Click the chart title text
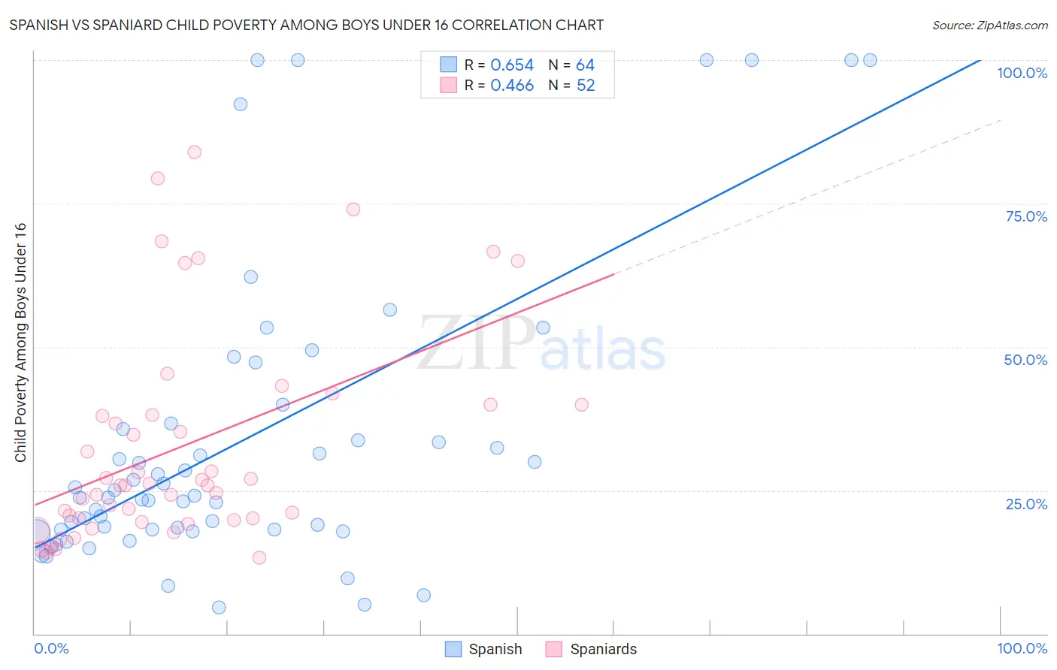pos(307,25)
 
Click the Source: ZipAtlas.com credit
pos(989,25)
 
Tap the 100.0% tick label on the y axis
pos(1022,73)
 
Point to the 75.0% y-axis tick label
pos(1026,216)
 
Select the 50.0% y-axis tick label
pos(1025,360)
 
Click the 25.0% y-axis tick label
pos(1026,503)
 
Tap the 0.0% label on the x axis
pos(51,648)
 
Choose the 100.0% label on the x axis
pos(1022,648)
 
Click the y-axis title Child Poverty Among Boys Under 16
pos(20,343)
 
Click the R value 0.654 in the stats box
pos(512,65)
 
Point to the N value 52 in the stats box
pos(586,86)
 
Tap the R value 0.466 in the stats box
pos(512,86)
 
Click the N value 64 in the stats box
pos(585,65)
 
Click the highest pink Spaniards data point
pos(194,152)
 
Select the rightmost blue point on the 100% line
pos(870,60)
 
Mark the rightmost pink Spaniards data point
pos(581,405)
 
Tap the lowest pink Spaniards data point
pos(259,557)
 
